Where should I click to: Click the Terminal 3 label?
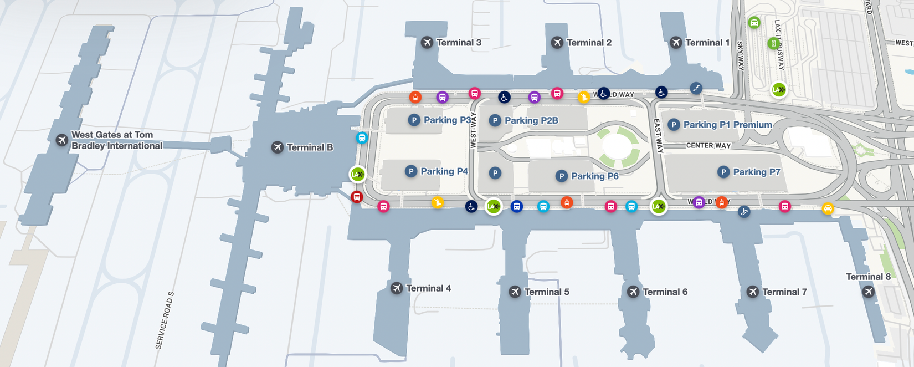pyautogui.click(x=459, y=43)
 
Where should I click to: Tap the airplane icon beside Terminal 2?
pyautogui.click(x=557, y=43)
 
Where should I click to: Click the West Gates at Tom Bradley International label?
pyautogui.click(x=116, y=140)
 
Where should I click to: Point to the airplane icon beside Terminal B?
pyautogui.click(x=277, y=147)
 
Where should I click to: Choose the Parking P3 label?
pyautogui.click(x=447, y=120)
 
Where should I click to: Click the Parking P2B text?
pyautogui.click(x=531, y=120)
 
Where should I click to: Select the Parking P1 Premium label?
pyautogui.click(x=727, y=125)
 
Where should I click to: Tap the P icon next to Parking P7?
pyautogui.click(x=723, y=172)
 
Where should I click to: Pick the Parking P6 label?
pyautogui.click(x=594, y=176)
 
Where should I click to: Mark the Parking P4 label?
pyautogui.click(x=444, y=171)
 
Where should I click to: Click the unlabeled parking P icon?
pyautogui.click(x=495, y=173)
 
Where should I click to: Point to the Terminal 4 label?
pyautogui.click(x=428, y=288)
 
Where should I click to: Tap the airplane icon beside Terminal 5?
pyautogui.click(x=515, y=292)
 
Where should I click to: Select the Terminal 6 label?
pyautogui.click(x=665, y=292)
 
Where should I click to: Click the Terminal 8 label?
pyautogui.click(x=868, y=277)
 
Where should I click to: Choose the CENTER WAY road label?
pyautogui.click(x=708, y=146)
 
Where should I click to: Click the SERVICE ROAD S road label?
pyautogui.click(x=165, y=320)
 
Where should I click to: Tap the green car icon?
pyautogui.click(x=753, y=23)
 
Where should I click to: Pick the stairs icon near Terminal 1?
pyautogui.click(x=696, y=88)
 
